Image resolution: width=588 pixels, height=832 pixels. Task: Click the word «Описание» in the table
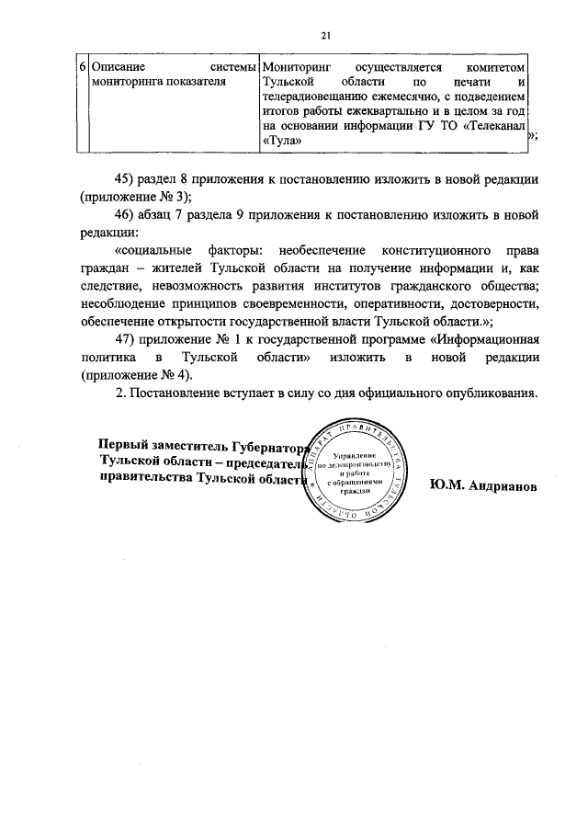coord(119,68)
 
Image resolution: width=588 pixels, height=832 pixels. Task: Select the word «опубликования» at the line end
coord(489,393)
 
